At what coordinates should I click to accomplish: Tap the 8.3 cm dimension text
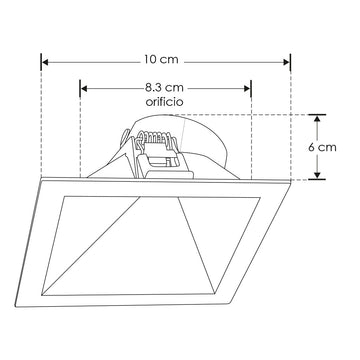(x=165, y=88)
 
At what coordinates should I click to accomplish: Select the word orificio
(x=165, y=102)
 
